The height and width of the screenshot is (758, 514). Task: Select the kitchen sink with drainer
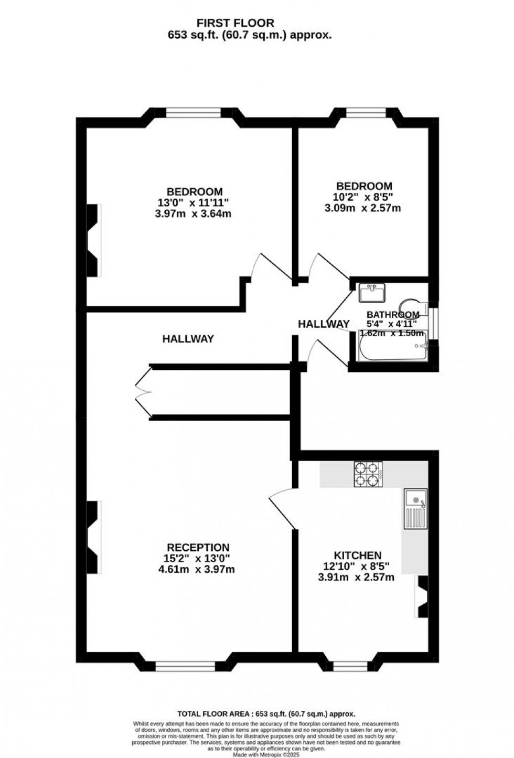(x=415, y=508)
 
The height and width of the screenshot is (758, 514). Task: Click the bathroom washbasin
(x=372, y=292)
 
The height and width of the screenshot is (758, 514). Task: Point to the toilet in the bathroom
(x=413, y=306)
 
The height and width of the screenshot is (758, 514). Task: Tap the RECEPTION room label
(x=198, y=547)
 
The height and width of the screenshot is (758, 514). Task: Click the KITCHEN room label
(x=358, y=555)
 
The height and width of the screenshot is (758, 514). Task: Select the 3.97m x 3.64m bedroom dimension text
(x=194, y=214)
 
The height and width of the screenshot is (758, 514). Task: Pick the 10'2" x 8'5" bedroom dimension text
(x=364, y=197)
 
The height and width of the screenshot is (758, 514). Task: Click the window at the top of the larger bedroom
(x=194, y=112)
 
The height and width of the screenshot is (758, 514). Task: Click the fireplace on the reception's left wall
(x=93, y=537)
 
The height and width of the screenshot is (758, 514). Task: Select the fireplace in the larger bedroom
(x=93, y=240)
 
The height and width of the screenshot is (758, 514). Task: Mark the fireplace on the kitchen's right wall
(x=422, y=596)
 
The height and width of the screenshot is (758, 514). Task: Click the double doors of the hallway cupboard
(x=142, y=391)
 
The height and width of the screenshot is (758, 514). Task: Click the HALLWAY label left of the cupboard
(x=188, y=339)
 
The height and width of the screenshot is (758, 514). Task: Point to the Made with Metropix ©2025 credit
(x=266, y=754)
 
